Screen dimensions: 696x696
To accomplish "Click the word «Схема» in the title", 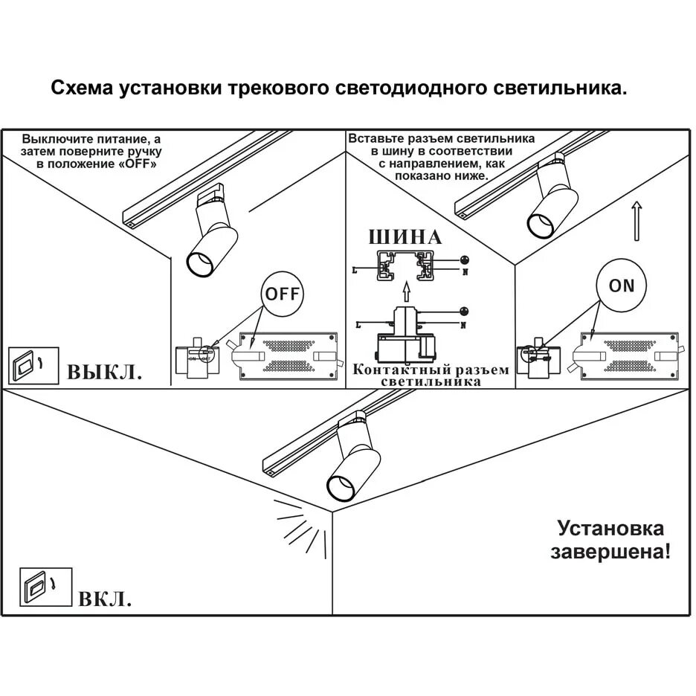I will coord(81,88).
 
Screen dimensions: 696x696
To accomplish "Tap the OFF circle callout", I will coord(283,294).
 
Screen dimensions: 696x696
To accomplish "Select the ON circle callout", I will coord(622,286).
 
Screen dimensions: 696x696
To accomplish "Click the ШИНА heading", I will coord(405,237).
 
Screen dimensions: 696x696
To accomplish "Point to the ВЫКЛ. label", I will coord(105,371).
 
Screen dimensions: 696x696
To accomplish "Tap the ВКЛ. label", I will coord(105,598).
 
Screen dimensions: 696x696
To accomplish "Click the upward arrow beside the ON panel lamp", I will coord(637,220).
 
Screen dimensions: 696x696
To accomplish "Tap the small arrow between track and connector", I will coord(405,291).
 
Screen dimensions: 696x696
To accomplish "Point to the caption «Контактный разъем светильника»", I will coord(431,376).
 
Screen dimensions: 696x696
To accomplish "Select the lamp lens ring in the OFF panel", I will coord(199,265).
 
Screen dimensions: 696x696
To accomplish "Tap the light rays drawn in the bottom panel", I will coord(301,528).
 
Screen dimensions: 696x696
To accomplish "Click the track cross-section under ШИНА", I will coord(405,265).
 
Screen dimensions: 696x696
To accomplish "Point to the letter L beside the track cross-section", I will coord(355,271).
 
